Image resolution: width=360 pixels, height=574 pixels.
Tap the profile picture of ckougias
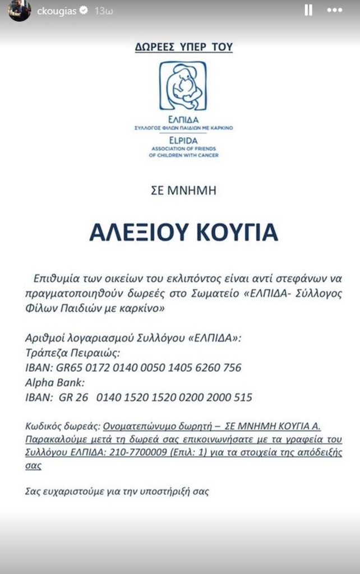[19, 11]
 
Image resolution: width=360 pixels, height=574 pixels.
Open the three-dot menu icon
[334, 11]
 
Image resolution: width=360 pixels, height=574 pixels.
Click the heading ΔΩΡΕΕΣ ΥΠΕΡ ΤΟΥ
[183, 48]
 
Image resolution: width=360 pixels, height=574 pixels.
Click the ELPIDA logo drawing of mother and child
[183, 86]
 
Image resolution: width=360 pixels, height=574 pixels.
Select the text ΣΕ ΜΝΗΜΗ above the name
[183, 191]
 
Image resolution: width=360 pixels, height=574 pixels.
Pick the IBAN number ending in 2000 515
[174, 397]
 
